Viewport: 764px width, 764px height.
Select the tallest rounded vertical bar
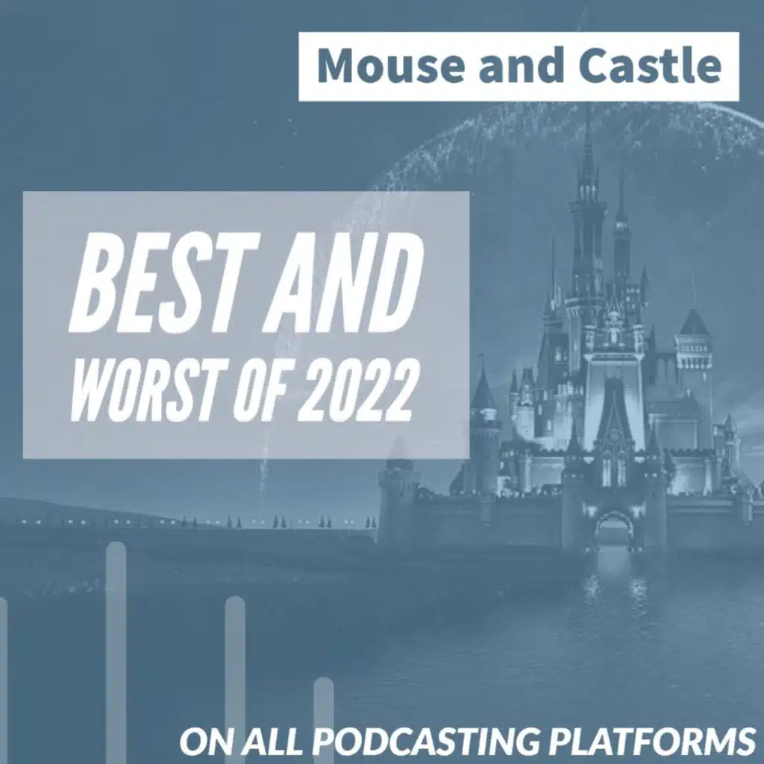[x=116, y=653]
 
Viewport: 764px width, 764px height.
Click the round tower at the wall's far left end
[x=398, y=497]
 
